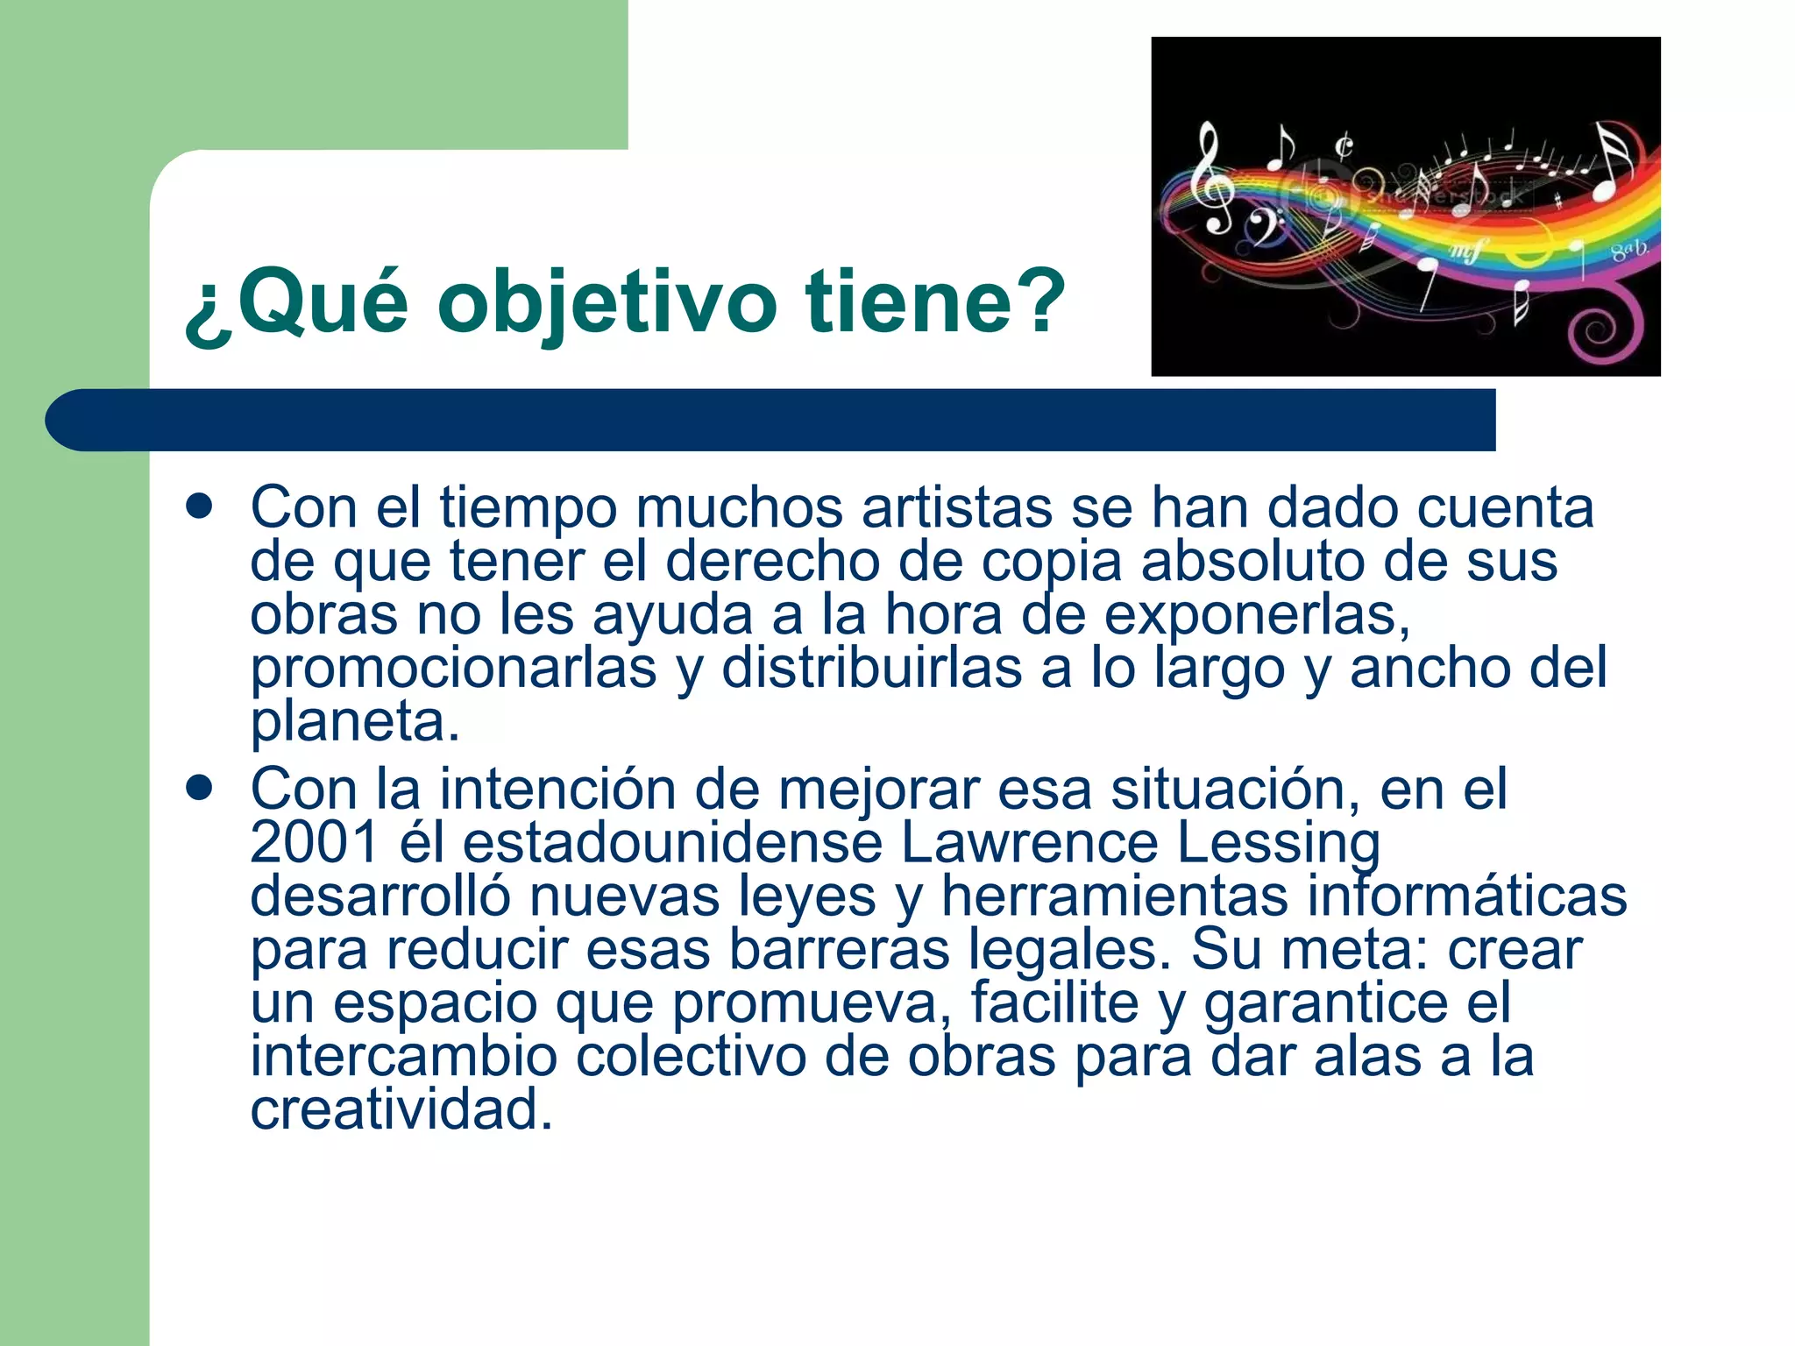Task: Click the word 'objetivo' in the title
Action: (607, 302)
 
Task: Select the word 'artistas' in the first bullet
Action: (956, 507)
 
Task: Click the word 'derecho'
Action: (772, 561)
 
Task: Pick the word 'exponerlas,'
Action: (1256, 614)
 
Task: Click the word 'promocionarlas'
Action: (453, 669)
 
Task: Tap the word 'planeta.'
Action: (355, 722)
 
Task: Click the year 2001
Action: (314, 842)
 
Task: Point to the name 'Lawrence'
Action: (1029, 842)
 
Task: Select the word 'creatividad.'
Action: (401, 1109)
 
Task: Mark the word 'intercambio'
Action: (403, 1056)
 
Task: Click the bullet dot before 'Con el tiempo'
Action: (200, 506)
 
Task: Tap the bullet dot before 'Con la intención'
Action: (200, 787)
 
